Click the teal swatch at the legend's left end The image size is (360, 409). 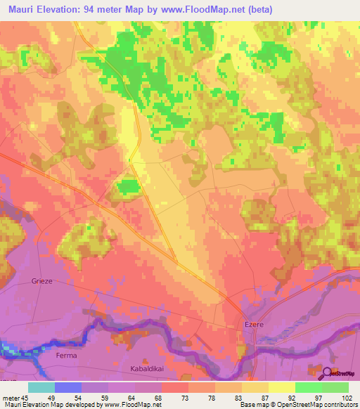[x=41, y=387]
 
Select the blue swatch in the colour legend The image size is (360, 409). [x=68, y=387]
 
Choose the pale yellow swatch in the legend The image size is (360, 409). [x=281, y=387]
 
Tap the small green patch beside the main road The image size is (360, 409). [x=127, y=188]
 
